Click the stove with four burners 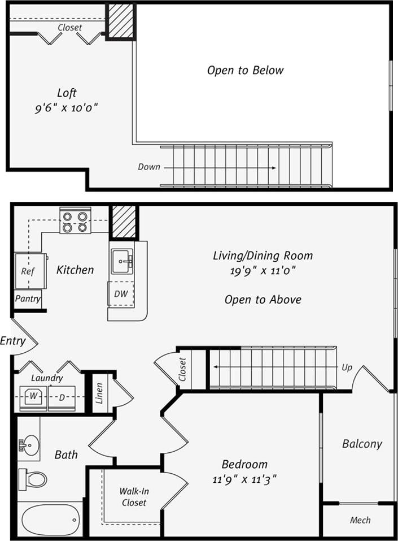pos(75,222)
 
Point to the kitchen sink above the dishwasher pos(121,261)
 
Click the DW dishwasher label pos(121,294)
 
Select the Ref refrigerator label pos(28,271)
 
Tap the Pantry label pos(28,298)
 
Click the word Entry pos(12,341)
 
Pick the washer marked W pos(34,397)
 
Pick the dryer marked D pos(62,397)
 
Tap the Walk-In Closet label pos(134,497)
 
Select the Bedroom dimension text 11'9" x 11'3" pos(244,479)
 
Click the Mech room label pos(360,520)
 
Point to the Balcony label pos(362,444)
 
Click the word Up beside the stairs pos(347,367)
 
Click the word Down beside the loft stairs pos(148,167)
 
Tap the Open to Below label pos(245,71)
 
